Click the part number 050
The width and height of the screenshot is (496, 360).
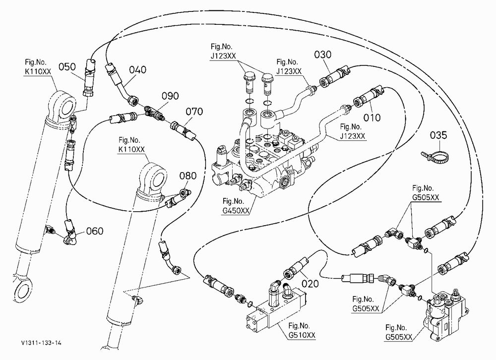tap(67, 67)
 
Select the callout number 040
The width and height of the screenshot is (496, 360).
tap(137, 69)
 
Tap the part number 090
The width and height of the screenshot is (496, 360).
tap(170, 96)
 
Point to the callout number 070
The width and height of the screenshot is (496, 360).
tap(194, 112)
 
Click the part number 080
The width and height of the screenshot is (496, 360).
tap(188, 176)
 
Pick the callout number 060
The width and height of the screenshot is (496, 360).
tap(95, 231)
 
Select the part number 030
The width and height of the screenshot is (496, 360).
tap(323, 55)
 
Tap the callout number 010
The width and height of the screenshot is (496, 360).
tap(372, 118)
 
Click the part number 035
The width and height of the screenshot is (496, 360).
tap(438, 135)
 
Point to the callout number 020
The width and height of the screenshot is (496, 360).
tap(310, 284)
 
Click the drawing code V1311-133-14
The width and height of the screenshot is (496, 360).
tap(42, 343)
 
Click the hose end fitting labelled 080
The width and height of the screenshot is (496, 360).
tap(178, 198)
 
